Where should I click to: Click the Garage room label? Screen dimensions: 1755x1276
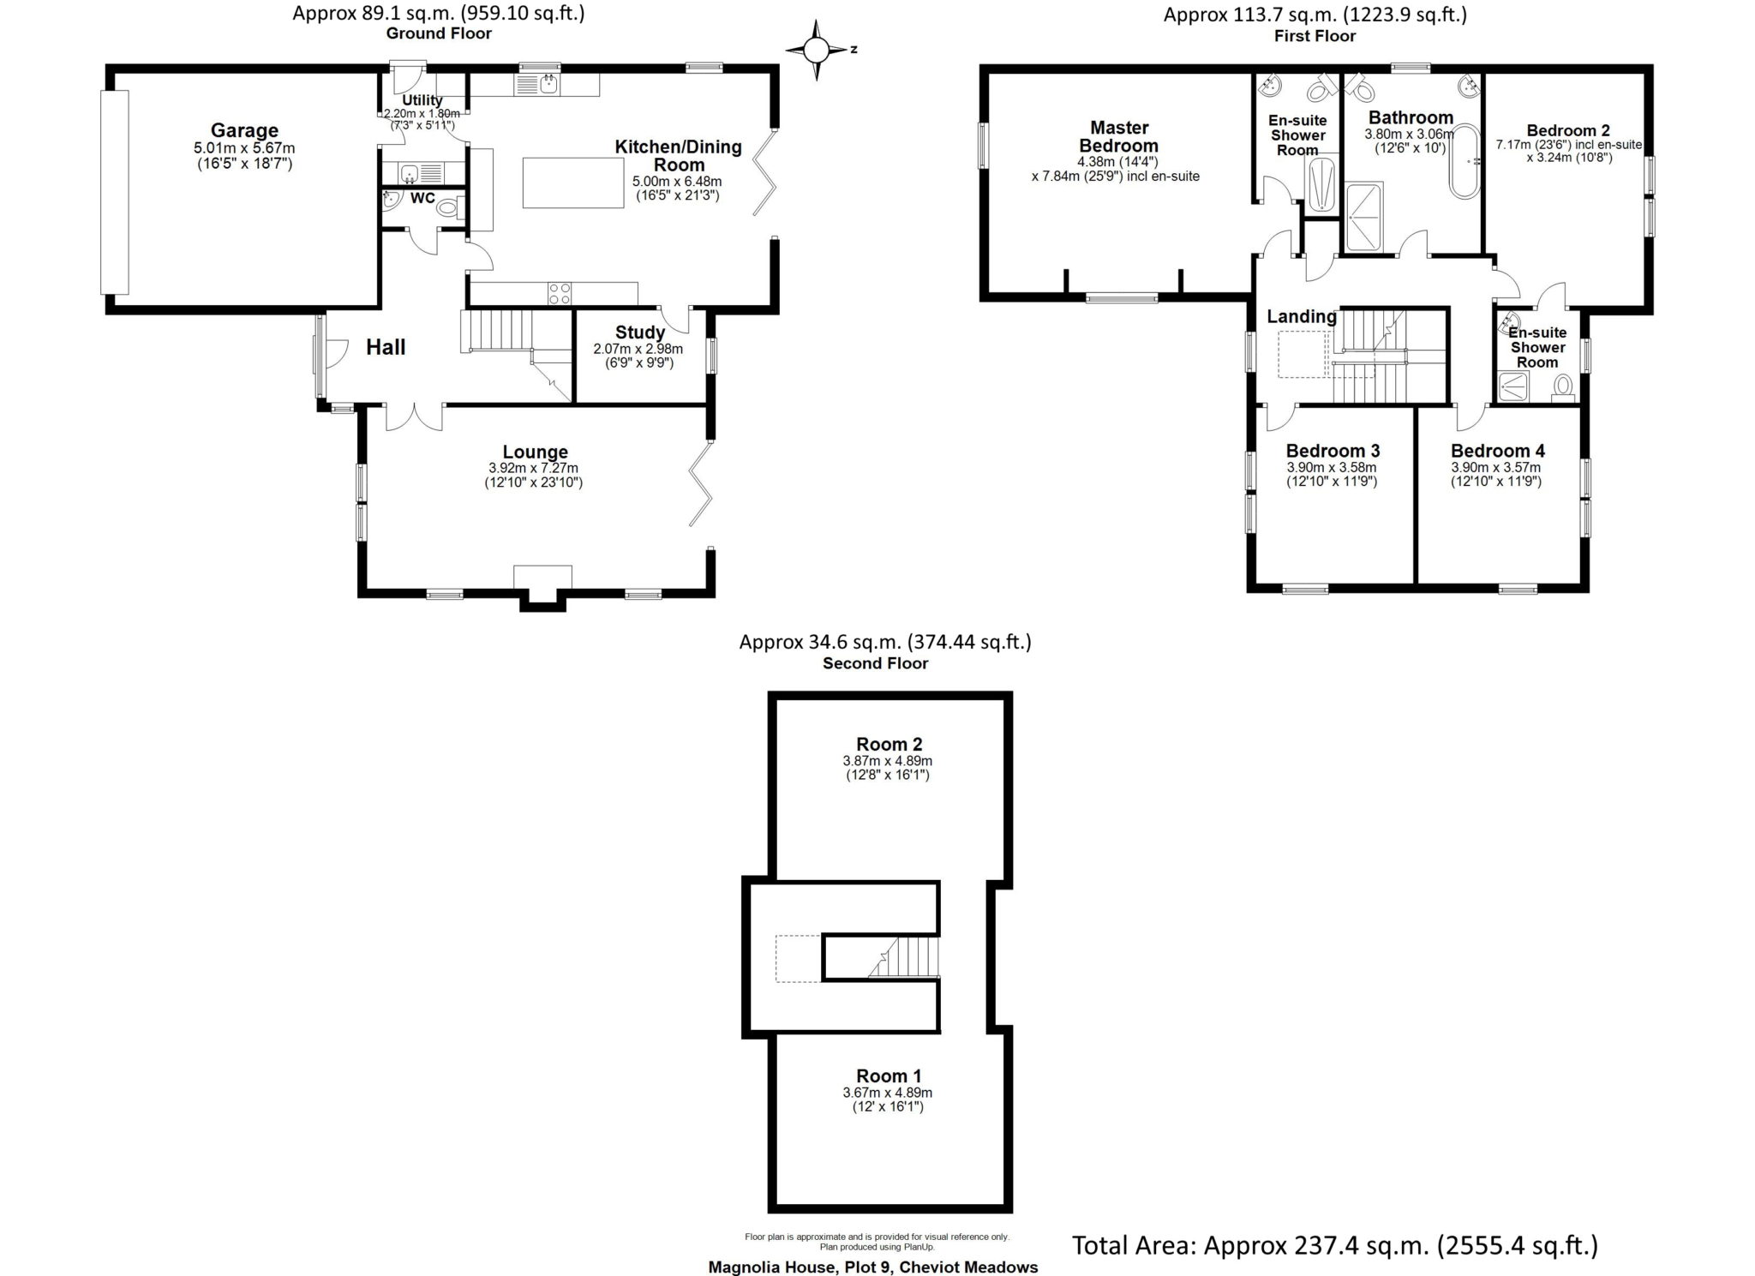click(244, 130)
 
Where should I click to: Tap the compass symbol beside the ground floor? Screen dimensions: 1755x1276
click(816, 50)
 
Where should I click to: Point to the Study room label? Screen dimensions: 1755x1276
click(640, 332)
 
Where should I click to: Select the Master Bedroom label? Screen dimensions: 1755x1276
click(1119, 137)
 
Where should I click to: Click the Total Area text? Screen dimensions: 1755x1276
click(1335, 1244)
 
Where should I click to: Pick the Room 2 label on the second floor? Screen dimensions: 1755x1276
click(889, 744)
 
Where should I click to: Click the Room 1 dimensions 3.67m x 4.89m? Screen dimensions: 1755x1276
click(888, 1093)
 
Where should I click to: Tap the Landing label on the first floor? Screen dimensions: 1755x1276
click(1302, 317)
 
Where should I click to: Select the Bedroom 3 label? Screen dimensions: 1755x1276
click(1333, 451)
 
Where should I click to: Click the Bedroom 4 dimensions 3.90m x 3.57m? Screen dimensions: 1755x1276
click(1495, 468)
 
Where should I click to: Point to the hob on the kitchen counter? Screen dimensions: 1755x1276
click(560, 293)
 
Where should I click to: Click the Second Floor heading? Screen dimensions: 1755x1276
click(875, 663)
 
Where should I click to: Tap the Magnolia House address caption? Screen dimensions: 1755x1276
click(872, 1267)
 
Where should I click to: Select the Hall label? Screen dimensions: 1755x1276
click(386, 347)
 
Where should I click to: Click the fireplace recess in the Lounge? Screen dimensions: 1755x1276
click(542, 587)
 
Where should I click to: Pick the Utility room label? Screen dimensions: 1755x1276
click(422, 100)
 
